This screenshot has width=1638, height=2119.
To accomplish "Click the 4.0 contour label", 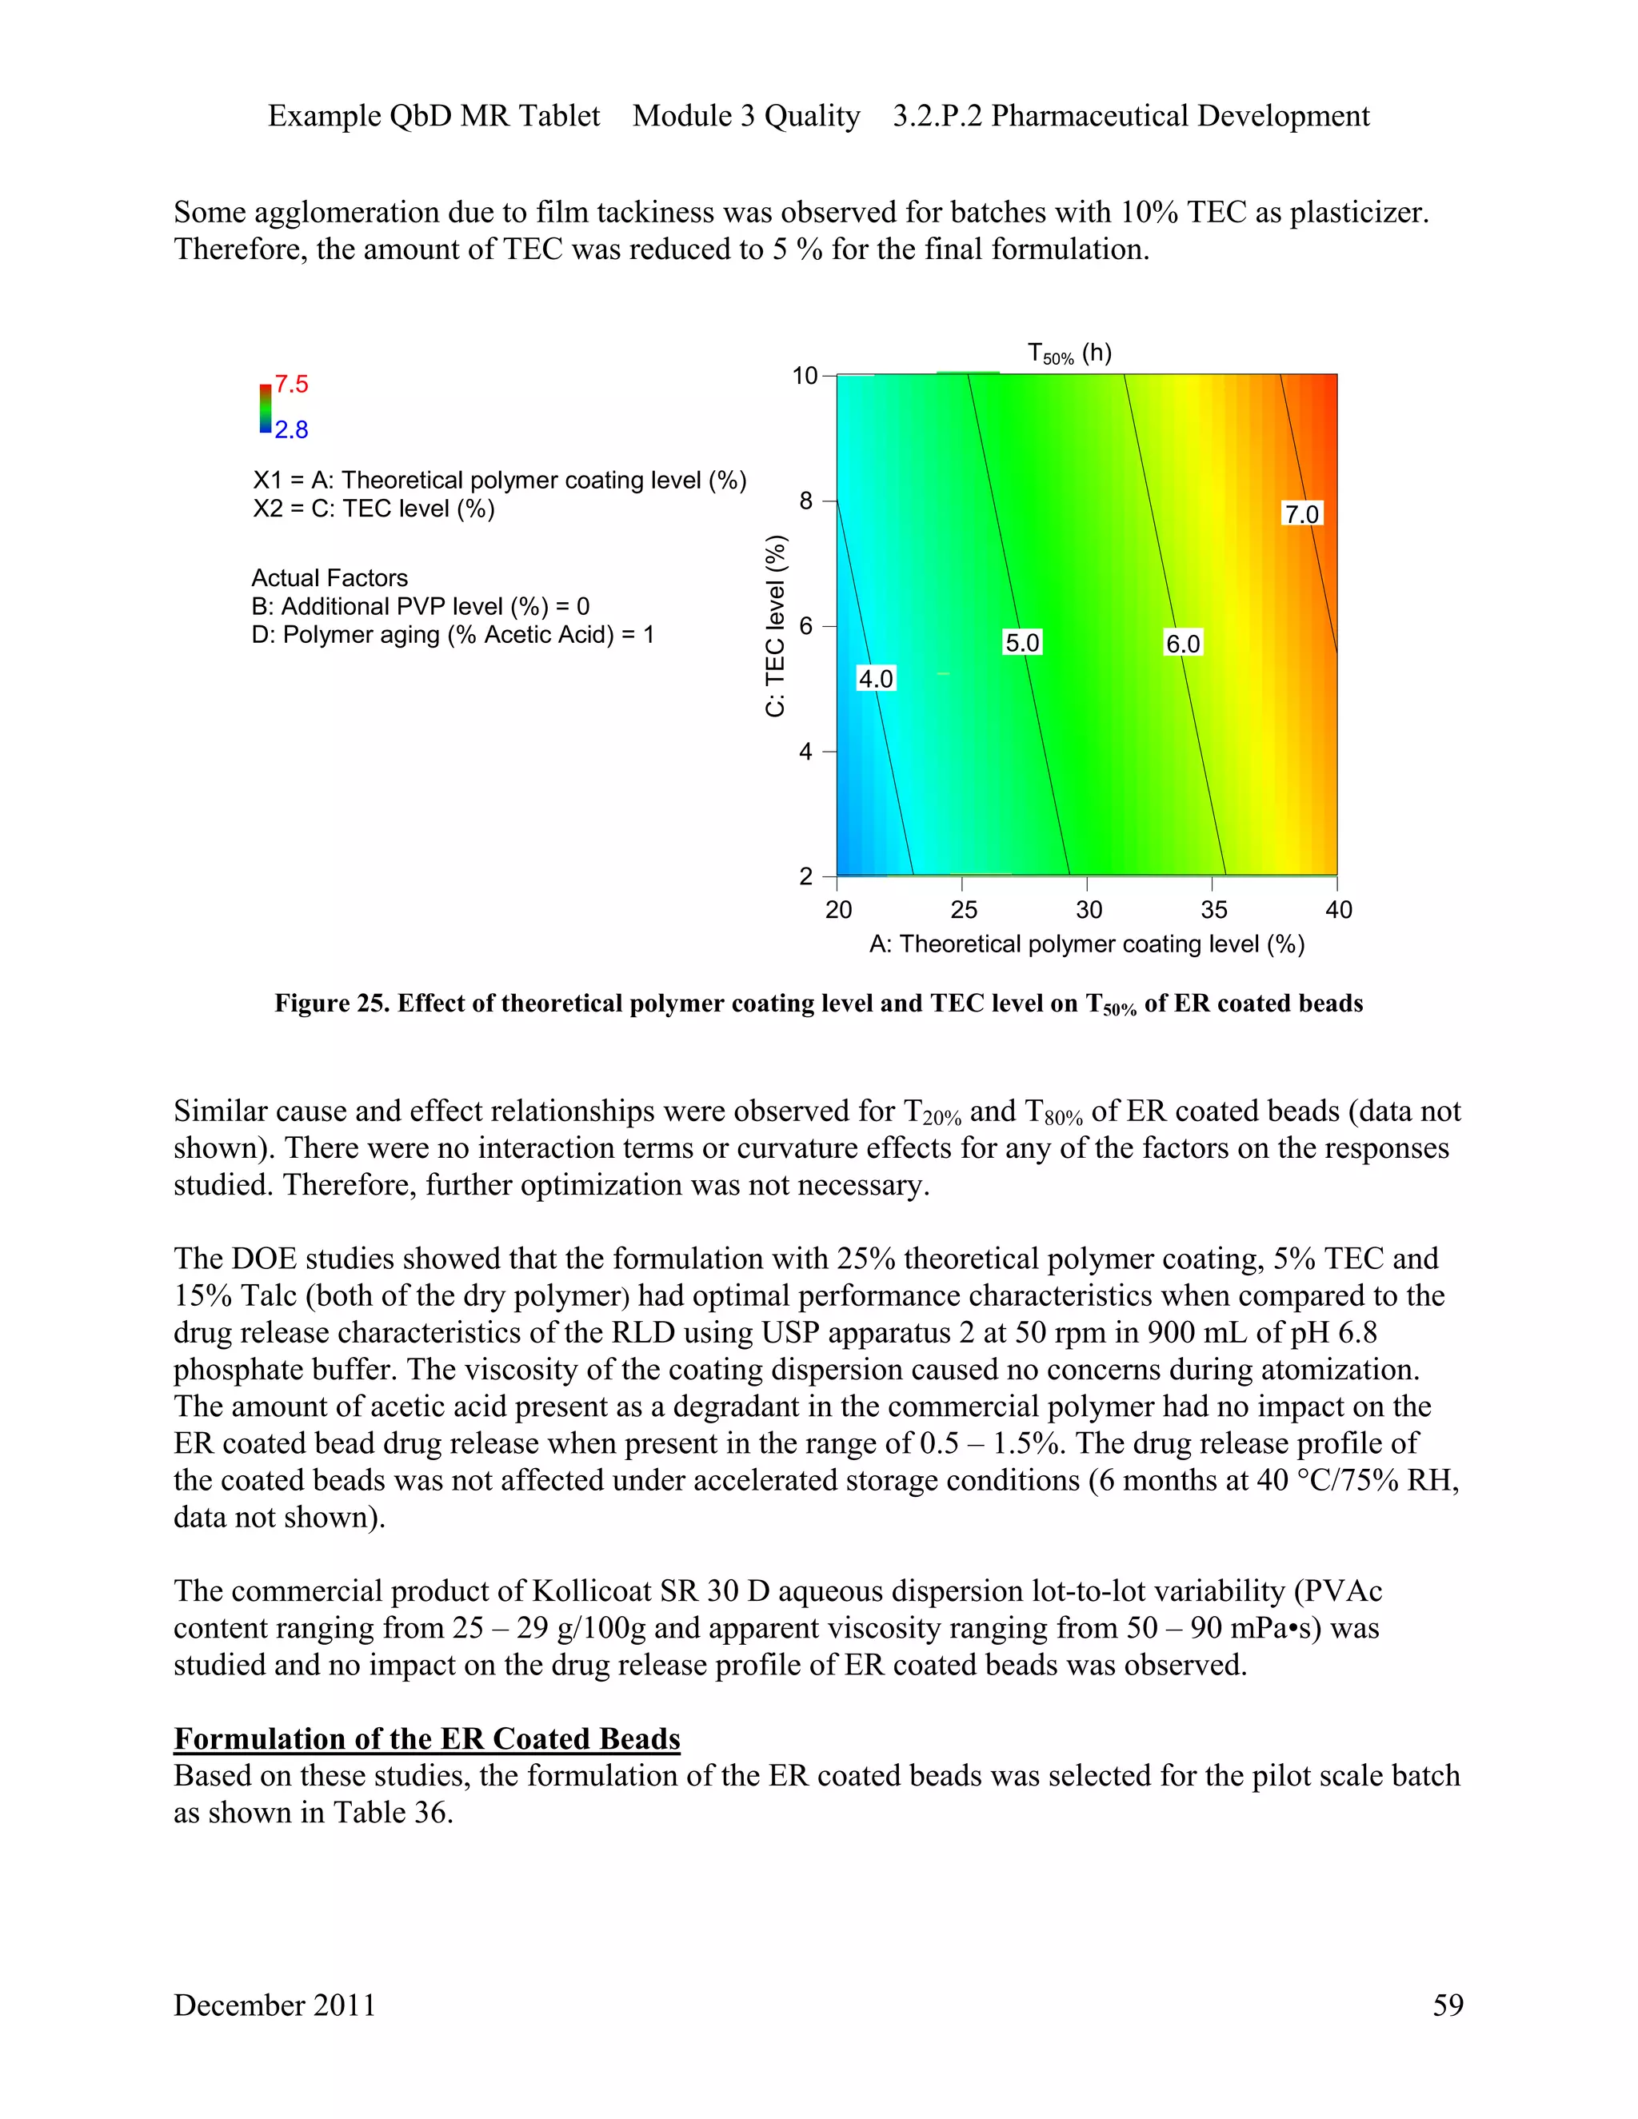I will pyautogui.click(x=875, y=678).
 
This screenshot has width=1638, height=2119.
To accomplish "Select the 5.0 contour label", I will pyautogui.click(x=1022, y=642).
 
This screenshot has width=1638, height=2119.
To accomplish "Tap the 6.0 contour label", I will pyautogui.click(x=1183, y=643).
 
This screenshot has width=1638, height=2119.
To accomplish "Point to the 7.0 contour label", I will pyautogui.click(x=1302, y=513).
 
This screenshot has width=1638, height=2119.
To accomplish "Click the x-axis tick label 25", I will pyautogui.click(x=964, y=909).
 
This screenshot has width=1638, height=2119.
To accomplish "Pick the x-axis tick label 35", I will pyautogui.click(x=1214, y=909).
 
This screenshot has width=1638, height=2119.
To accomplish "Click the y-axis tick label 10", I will pyautogui.click(x=805, y=376).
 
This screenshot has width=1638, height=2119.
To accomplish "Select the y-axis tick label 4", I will pyautogui.click(x=805, y=751).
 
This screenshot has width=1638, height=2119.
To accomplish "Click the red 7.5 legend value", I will pyautogui.click(x=291, y=384).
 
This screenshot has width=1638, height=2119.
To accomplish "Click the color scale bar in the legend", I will pyautogui.click(x=265, y=408).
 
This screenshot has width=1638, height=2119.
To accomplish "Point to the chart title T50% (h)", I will pyautogui.click(x=1069, y=353).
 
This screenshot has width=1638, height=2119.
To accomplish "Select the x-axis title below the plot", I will pyautogui.click(x=1087, y=944).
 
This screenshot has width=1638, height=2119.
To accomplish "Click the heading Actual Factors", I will pyautogui.click(x=330, y=578).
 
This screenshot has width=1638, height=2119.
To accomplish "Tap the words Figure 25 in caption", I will pyautogui.click(x=331, y=1004).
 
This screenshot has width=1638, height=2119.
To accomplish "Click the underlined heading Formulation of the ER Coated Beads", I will pyautogui.click(x=427, y=1738).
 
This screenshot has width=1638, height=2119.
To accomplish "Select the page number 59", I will pyautogui.click(x=1448, y=2005).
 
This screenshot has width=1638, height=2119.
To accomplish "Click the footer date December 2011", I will pyautogui.click(x=274, y=2005).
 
